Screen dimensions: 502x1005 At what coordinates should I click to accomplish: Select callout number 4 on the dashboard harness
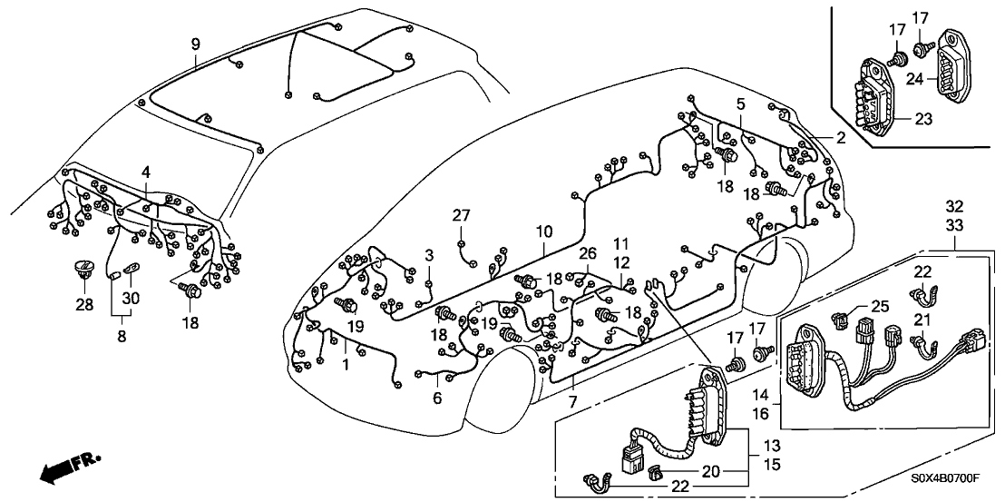(x=146, y=171)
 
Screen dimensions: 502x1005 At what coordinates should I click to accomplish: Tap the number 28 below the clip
(x=84, y=306)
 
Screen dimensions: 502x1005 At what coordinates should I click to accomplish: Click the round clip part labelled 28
(x=84, y=271)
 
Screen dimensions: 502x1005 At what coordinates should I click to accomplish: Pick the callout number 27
(x=462, y=215)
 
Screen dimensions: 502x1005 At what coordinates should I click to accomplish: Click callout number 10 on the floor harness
(x=542, y=232)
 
